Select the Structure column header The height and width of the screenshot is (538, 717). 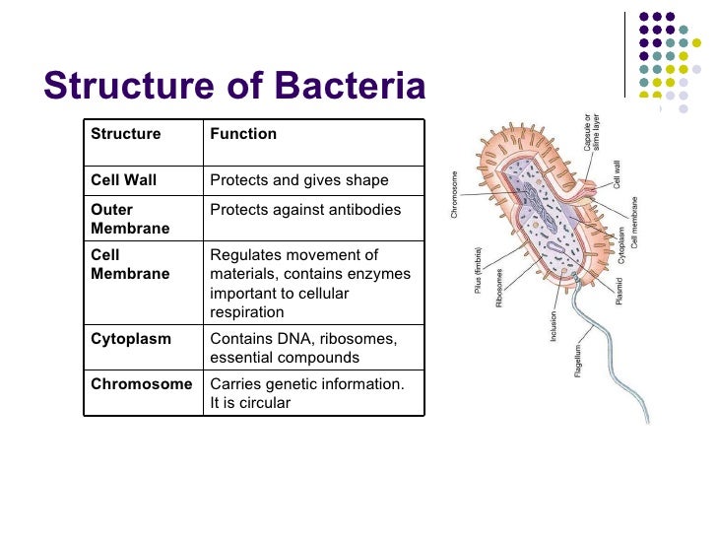pos(125,134)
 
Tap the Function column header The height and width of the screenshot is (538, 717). pos(243,134)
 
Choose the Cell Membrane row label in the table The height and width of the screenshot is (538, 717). pos(130,264)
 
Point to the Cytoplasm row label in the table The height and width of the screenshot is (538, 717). pos(131,338)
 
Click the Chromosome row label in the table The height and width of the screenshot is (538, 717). pos(142,383)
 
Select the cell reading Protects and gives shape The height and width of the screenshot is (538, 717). pos(299,180)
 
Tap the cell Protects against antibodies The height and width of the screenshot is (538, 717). pos(305,210)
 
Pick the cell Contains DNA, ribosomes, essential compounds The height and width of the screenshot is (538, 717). pos(303,348)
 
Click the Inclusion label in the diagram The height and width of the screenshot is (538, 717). pos(554,324)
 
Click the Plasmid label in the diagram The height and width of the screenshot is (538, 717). pos(619,289)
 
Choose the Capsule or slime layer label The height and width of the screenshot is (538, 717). pos(593,131)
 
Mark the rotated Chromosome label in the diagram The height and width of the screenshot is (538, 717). pos(455,195)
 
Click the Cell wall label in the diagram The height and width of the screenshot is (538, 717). pos(618,174)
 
